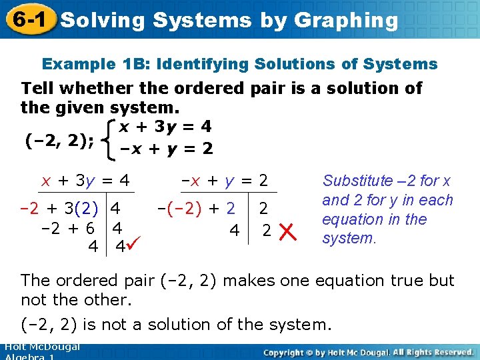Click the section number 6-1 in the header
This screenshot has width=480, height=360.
pyautogui.click(x=27, y=19)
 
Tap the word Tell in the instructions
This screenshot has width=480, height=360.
pyautogui.click(x=39, y=88)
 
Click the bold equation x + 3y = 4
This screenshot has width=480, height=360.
pyautogui.click(x=165, y=126)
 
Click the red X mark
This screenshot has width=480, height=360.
pyautogui.click(x=287, y=232)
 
